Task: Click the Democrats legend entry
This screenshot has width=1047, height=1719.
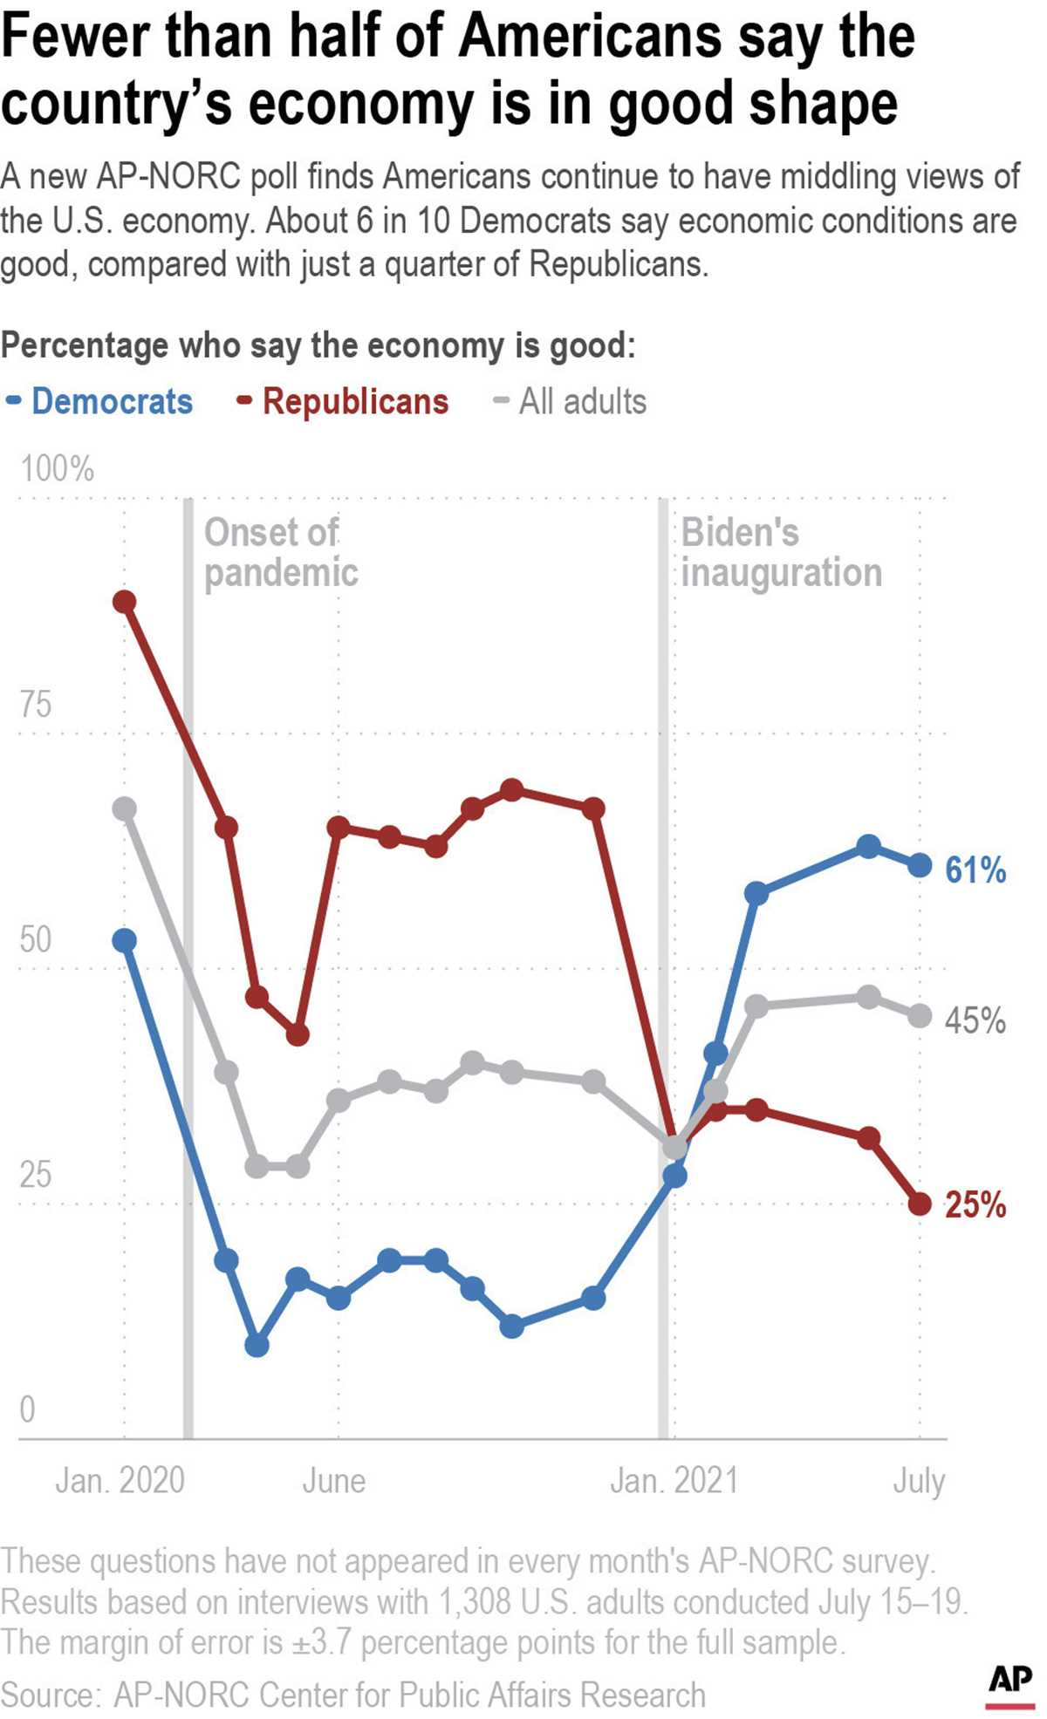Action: coord(112,402)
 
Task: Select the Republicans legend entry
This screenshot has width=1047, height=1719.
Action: coord(355,402)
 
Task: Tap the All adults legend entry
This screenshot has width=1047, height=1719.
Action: coord(582,402)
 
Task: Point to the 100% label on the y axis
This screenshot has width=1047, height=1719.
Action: coord(58,469)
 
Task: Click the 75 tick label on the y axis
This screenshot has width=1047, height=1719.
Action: coord(36,705)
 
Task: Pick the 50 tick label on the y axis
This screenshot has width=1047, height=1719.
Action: coord(36,940)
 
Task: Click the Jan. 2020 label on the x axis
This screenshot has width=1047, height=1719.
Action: coord(120,1481)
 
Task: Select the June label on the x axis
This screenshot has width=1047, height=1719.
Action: coord(334,1481)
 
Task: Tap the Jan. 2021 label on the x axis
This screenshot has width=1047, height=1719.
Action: coord(674,1481)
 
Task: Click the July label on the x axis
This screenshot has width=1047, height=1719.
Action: coord(919,1481)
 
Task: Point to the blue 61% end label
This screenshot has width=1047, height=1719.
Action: coord(975,870)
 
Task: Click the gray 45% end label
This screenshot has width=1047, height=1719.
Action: coord(975,1020)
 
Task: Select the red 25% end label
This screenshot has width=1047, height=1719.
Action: coord(975,1204)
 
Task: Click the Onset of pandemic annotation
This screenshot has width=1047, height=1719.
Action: coord(280,552)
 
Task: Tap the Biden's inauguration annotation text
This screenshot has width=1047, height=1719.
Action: coord(781,552)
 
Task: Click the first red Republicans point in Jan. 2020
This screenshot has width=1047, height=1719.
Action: coord(125,602)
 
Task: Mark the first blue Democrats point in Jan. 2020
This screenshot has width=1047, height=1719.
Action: coord(125,940)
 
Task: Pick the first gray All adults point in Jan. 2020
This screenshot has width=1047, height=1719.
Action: coord(125,808)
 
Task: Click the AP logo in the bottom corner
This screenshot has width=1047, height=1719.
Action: coord(1010,1680)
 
